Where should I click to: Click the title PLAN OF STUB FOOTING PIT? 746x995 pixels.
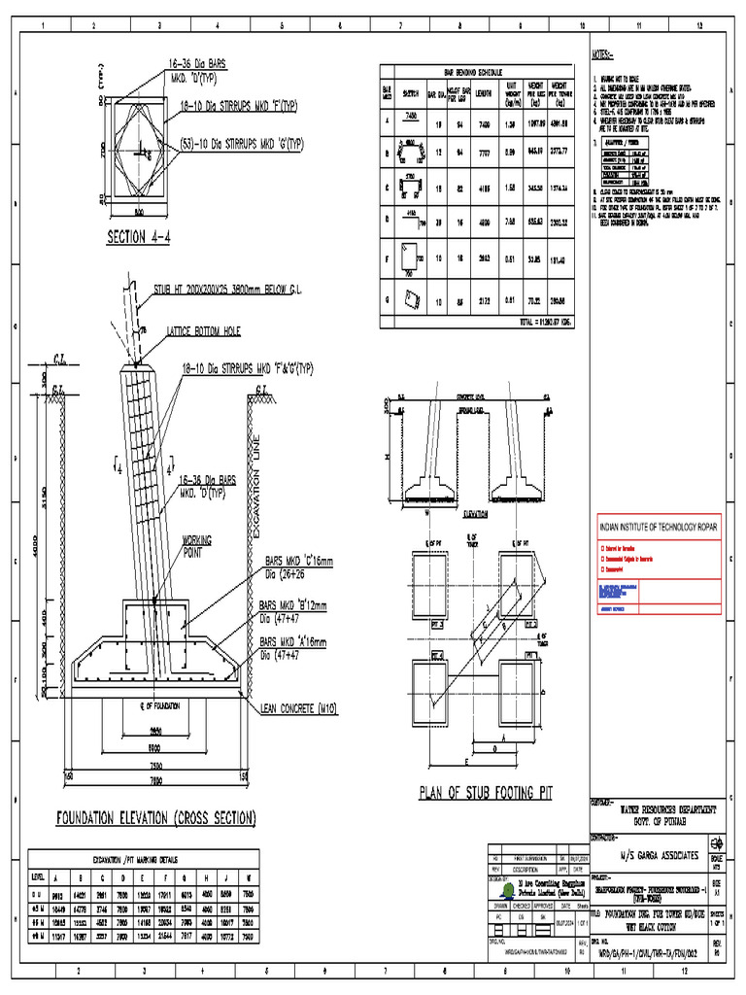[485, 792]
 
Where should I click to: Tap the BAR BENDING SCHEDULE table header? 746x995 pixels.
[475, 72]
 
